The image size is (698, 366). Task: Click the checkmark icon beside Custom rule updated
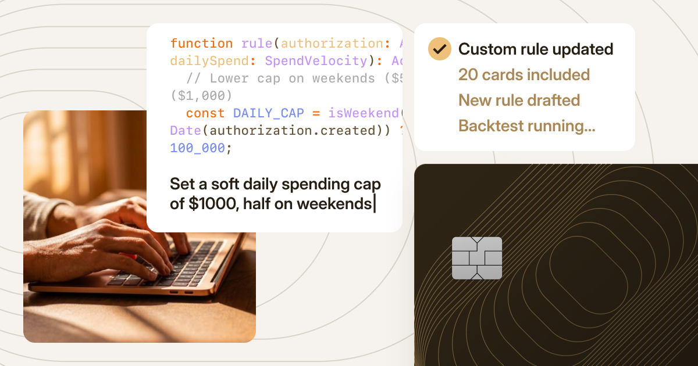tap(440, 49)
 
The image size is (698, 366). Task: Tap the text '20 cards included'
tap(524, 75)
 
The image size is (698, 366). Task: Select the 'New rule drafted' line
tap(519, 101)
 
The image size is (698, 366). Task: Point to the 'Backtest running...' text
tap(526, 126)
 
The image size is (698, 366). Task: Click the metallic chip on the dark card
tap(477, 258)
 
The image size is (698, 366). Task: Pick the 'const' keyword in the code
tap(205, 113)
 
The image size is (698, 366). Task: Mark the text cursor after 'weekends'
tap(375, 204)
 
